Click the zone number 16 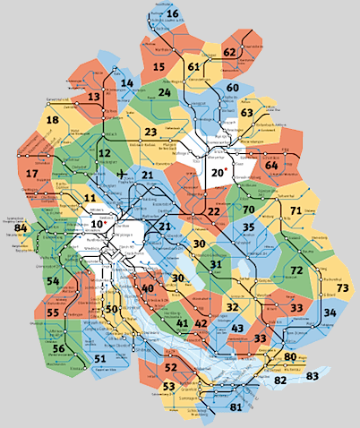(x=172, y=13)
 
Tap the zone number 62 (x=229, y=52)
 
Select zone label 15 (x=159, y=66)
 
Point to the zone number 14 (x=127, y=83)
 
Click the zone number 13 (x=94, y=97)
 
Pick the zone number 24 (x=164, y=92)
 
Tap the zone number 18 (x=52, y=121)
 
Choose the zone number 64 (x=271, y=165)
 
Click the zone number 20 (x=218, y=173)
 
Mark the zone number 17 (x=32, y=173)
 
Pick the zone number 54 (x=53, y=282)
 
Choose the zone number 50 (x=111, y=309)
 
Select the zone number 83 (x=312, y=376)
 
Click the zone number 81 (x=236, y=407)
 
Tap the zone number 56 (x=58, y=349)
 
